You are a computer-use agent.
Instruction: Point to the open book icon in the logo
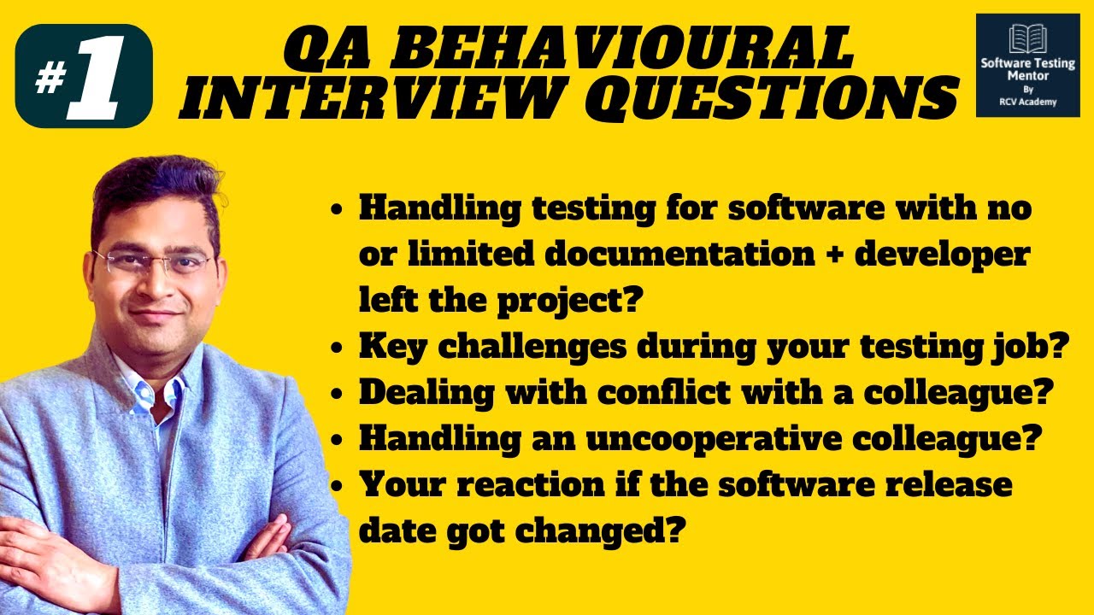(1027, 39)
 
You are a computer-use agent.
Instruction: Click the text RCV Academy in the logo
(1027, 102)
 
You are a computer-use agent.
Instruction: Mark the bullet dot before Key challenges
(339, 349)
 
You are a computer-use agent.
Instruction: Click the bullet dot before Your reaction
(339, 487)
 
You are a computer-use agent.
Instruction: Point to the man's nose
(153, 283)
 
